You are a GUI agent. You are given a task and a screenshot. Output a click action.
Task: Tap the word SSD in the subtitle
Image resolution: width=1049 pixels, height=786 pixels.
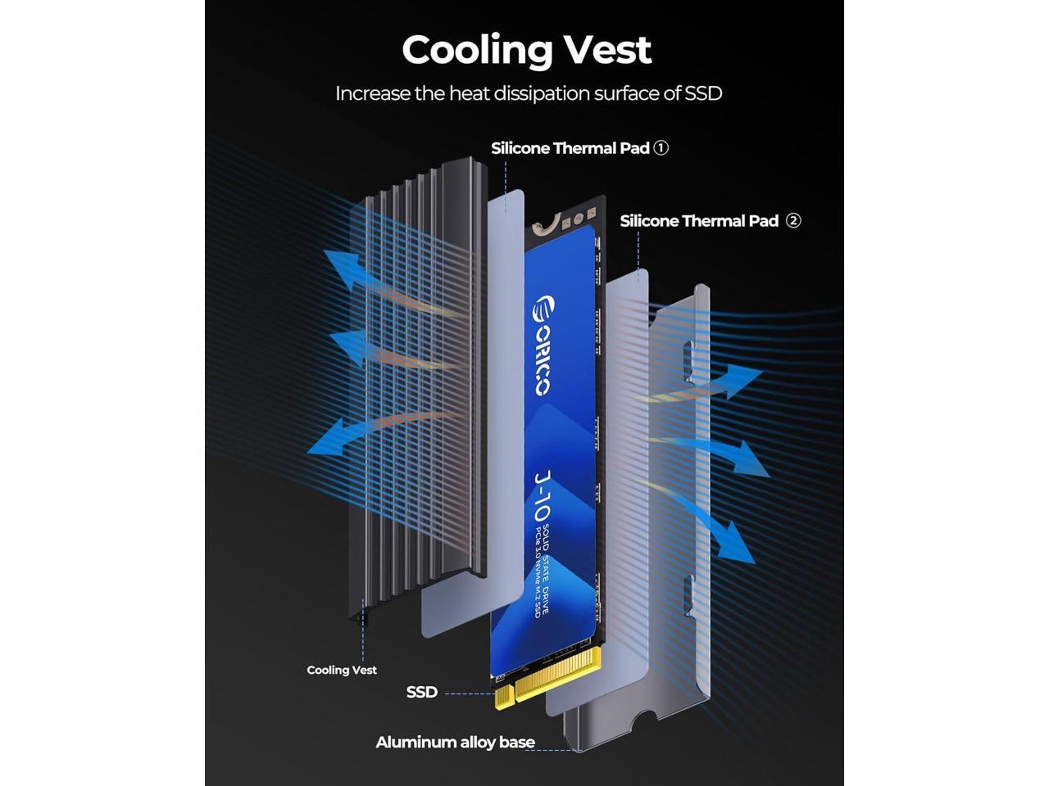click(x=702, y=93)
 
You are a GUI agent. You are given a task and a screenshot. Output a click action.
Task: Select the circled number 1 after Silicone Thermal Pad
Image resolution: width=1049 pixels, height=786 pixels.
click(x=661, y=148)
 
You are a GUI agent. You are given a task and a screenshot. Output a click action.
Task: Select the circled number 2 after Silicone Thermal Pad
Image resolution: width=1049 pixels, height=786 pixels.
click(x=793, y=220)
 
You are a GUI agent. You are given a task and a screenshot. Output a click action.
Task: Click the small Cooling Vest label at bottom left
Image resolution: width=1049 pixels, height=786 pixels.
click(x=342, y=670)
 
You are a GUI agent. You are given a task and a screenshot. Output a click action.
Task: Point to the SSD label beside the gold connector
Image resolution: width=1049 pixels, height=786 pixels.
click(x=422, y=692)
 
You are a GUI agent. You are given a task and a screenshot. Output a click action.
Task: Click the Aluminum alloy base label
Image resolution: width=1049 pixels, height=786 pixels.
click(x=455, y=743)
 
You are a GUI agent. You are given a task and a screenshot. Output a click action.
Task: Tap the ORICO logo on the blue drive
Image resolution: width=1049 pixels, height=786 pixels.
click(x=543, y=344)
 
